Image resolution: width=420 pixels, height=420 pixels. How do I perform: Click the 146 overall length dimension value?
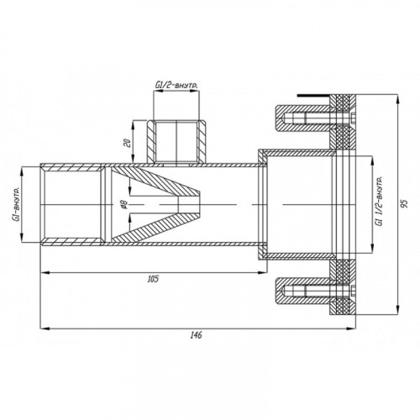196,335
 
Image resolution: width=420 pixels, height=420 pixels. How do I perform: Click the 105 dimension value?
153,279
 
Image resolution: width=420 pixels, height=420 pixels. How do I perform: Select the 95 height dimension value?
404,203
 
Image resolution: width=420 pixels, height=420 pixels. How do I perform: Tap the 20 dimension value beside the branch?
128,144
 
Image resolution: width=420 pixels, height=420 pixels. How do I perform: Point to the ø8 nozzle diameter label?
124,205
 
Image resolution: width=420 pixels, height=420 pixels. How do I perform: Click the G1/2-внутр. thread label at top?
176,86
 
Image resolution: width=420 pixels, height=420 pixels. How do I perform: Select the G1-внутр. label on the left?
17,205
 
